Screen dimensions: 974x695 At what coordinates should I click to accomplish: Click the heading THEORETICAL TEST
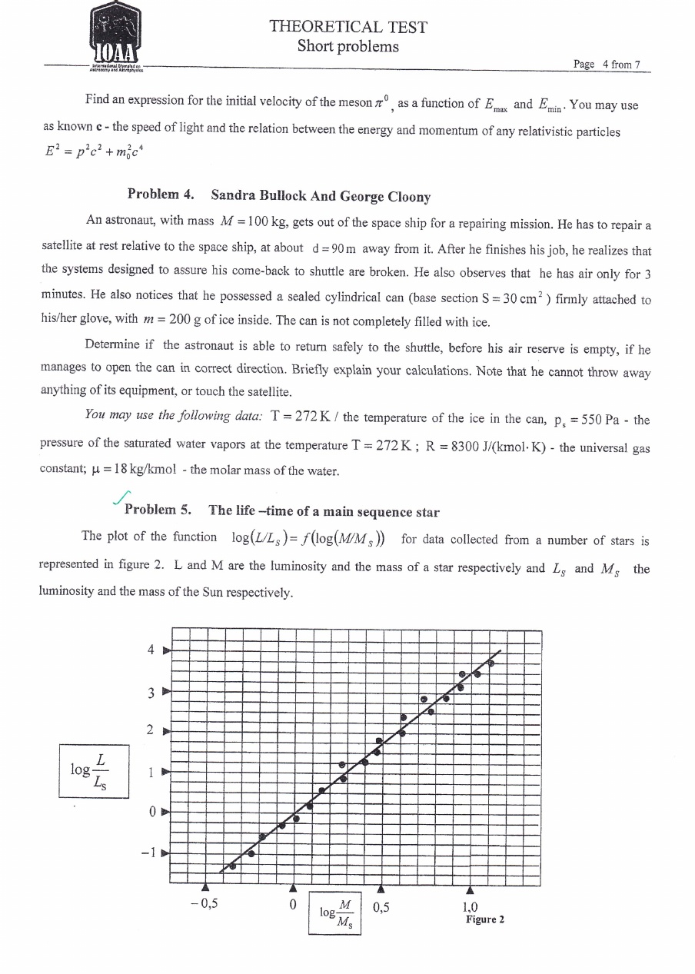coord(348,28)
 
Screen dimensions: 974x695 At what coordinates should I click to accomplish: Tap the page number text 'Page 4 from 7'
coord(607,64)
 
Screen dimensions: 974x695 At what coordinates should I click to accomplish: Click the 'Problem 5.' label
coord(158,510)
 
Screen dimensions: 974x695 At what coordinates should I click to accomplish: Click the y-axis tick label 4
coord(151,650)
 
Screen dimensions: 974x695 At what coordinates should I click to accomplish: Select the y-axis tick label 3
coord(151,693)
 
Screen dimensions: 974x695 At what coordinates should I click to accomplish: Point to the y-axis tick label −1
coord(148,853)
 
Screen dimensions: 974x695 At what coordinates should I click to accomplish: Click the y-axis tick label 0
coord(151,812)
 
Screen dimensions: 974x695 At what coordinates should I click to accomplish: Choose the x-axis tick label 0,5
coord(381,906)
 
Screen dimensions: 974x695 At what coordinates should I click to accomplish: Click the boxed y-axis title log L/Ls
coord(93,770)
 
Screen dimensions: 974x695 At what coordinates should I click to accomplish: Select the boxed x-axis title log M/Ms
coord(335,913)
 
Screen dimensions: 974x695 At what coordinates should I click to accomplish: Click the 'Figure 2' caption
coord(484,919)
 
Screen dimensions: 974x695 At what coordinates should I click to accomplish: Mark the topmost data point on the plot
coord(491,663)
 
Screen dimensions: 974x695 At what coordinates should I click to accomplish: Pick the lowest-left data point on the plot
coord(233,866)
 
